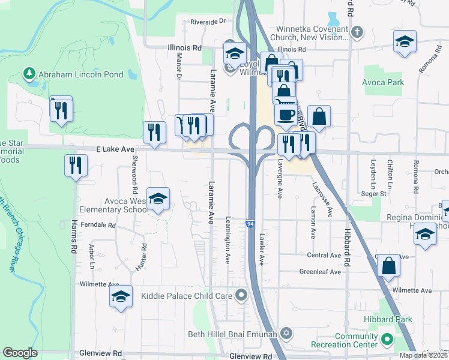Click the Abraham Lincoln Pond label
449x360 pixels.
81,75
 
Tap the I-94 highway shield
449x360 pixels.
249,224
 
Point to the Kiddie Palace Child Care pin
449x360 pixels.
242,295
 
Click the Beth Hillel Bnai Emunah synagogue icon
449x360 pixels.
286,333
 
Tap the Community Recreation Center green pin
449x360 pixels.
388,340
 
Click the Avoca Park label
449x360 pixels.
384,82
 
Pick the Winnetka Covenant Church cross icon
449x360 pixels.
357,32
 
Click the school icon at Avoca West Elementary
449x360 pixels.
158,199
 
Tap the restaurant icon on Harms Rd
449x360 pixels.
76,165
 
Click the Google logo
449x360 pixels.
20,353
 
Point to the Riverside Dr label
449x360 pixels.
208,21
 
